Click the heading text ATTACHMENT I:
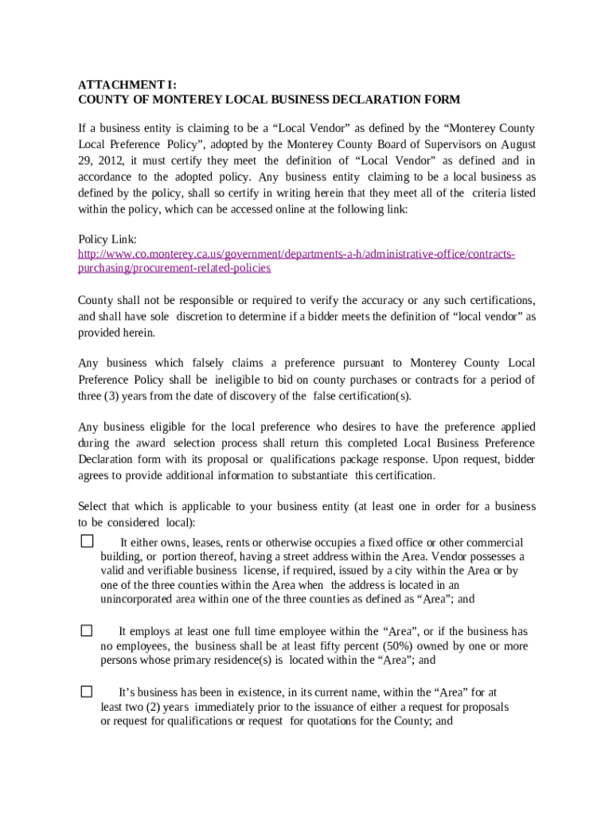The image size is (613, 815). (x=127, y=84)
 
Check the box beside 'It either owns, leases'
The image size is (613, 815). (x=87, y=541)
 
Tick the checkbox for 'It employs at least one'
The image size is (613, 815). (x=87, y=630)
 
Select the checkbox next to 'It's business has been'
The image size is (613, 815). (x=87, y=691)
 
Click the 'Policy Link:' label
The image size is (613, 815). (x=107, y=240)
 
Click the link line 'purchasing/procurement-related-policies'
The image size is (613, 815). (x=174, y=268)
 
